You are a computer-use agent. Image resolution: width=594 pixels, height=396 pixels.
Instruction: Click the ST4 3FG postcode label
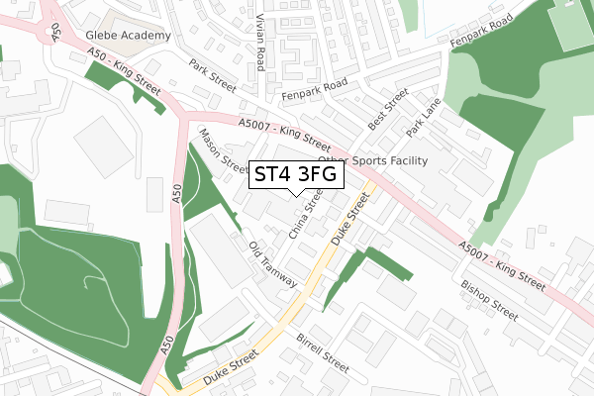point(296,175)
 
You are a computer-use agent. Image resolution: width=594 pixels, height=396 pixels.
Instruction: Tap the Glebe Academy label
point(127,35)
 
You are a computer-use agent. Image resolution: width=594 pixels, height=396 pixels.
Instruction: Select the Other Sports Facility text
point(372,160)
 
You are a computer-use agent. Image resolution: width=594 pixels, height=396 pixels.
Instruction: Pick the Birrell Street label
point(323,350)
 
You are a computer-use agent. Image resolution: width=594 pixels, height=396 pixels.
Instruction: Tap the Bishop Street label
point(489,299)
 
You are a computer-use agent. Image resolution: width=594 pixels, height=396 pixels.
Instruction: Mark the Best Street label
point(387,110)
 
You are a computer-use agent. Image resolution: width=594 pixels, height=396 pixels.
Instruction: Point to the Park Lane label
point(423,117)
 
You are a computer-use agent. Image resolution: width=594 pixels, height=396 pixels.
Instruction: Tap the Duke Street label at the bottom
point(230,365)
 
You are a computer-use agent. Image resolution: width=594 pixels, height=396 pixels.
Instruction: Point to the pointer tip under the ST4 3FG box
point(296,195)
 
